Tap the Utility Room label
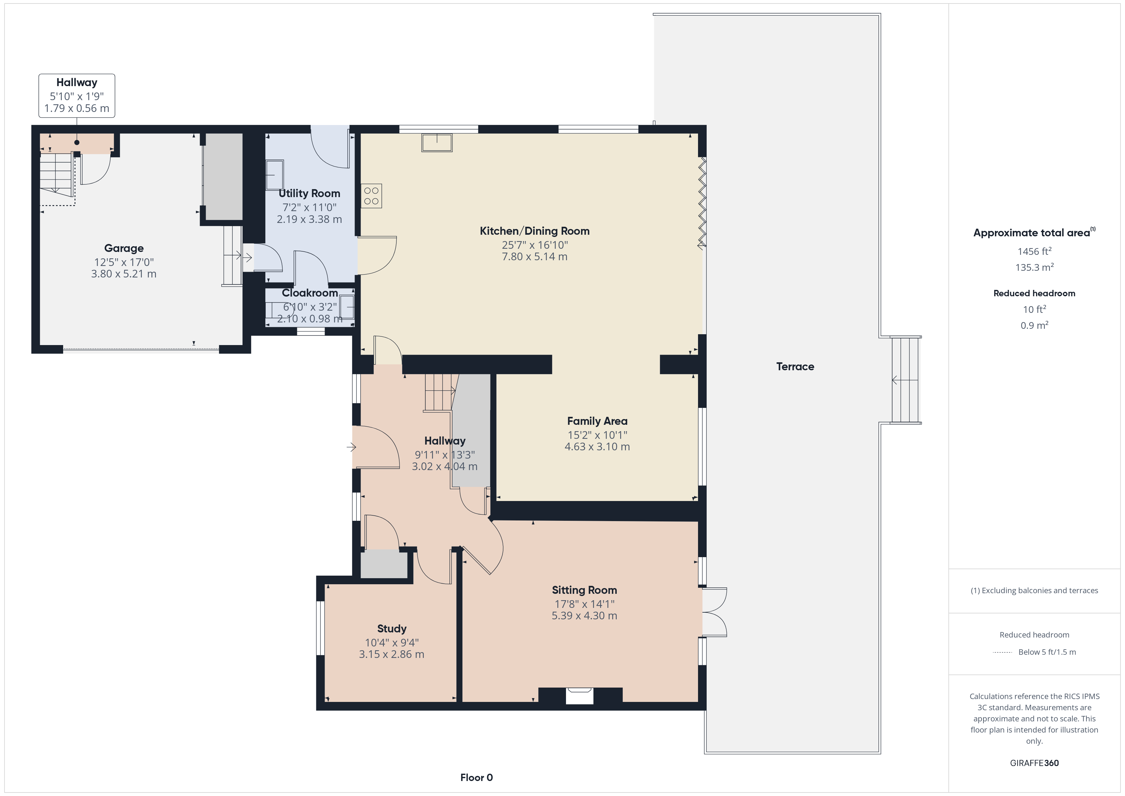[309, 194]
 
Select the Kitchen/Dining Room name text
[534, 231]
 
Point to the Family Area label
[597, 421]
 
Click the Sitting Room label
[585, 590]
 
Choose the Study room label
[392, 629]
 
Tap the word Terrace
[795, 367]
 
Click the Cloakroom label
[310, 293]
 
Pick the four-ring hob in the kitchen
[371, 196]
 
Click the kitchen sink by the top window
[437, 143]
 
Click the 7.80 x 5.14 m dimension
[534, 257]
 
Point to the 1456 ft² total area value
[1034, 251]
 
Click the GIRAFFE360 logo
[1034, 763]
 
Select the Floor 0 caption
[476, 778]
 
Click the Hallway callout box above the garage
[77, 96]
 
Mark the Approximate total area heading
[1034, 233]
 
